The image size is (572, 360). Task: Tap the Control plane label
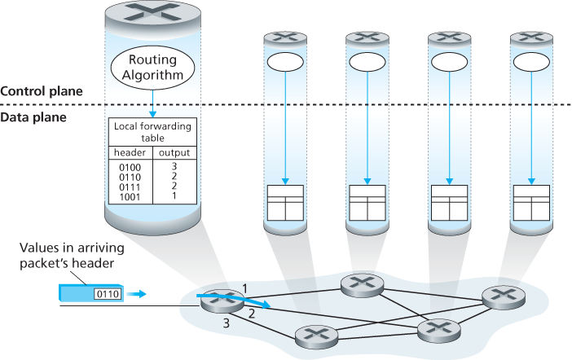coord(42,91)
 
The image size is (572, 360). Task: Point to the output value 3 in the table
coord(174,166)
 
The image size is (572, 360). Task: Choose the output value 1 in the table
coord(174,196)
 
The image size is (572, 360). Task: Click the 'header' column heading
coord(129,152)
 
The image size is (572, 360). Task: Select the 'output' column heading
coord(174,152)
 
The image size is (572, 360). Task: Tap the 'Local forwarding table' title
coord(152,132)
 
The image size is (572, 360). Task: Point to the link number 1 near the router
coord(243,287)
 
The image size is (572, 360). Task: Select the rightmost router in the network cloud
coord(499,296)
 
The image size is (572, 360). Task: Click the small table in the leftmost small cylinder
coord(285,202)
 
